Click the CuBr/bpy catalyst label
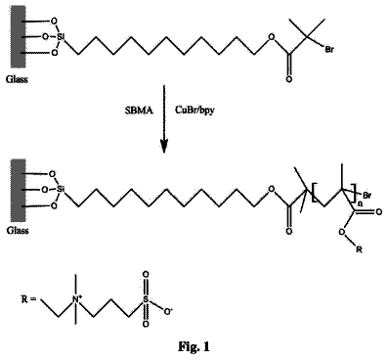tap(194, 111)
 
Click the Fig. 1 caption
tap(194, 346)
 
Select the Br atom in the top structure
tap(329, 50)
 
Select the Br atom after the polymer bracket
tap(367, 196)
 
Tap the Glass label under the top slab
tap(17, 79)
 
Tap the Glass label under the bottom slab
tap(18, 231)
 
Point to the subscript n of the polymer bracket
tap(360, 202)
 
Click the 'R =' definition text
tap(28, 299)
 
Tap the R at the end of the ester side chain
tap(359, 250)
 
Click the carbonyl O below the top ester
tap(288, 79)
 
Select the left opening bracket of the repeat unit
tap(314, 193)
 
